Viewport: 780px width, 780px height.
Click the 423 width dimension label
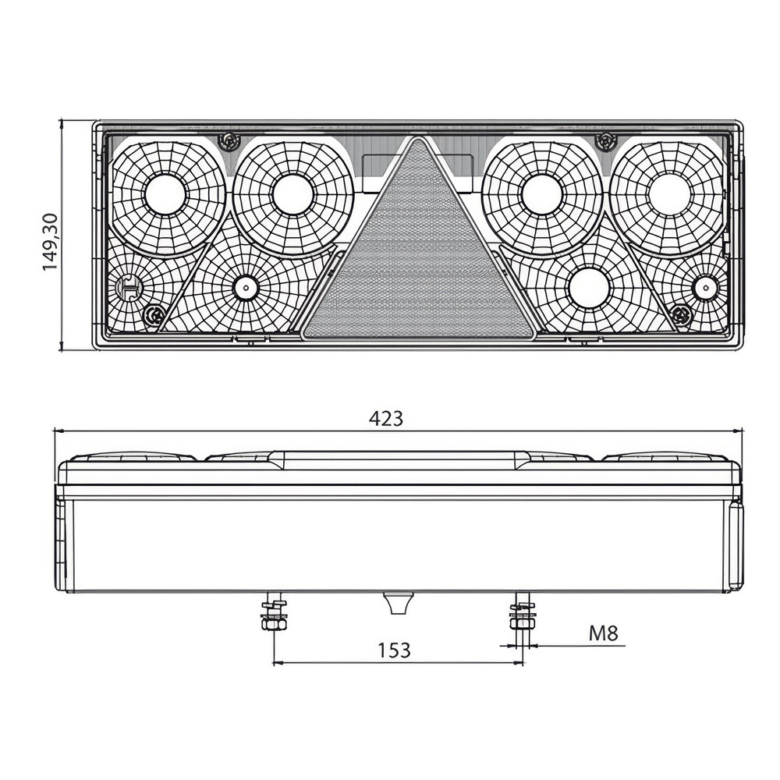[x=386, y=419]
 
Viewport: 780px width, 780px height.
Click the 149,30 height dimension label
[x=51, y=242]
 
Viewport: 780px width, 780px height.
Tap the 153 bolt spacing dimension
[x=395, y=651]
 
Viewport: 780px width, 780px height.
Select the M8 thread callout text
[x=604, y=633]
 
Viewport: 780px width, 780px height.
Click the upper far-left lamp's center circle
[x=165, y=194]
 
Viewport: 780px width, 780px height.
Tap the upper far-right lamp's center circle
[x=670, y=194]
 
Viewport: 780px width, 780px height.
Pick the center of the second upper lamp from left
[x=293, y=194]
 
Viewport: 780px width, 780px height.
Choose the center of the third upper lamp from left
[x=542, y=194]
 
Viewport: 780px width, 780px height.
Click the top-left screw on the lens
[x=229, y=142]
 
